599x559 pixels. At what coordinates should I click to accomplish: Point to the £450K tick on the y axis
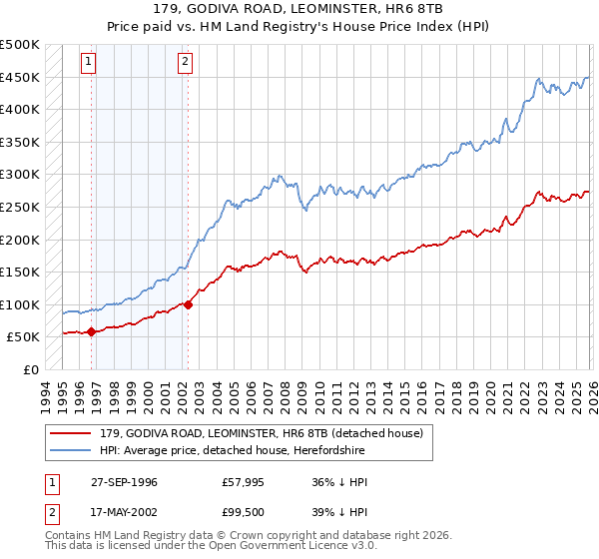20,77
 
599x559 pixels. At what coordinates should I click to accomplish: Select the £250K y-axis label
20,207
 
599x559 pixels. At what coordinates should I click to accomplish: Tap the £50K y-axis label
23,337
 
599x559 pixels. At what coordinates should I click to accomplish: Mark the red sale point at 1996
91,331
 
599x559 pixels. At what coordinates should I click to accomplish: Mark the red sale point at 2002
188,304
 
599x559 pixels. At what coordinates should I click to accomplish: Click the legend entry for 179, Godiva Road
262,433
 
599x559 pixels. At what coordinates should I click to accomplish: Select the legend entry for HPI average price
239,450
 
